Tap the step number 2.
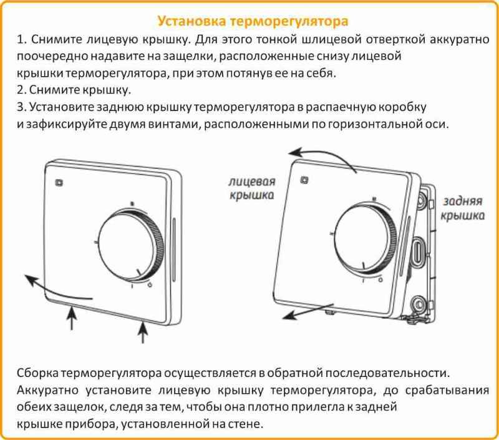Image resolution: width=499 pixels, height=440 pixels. coord(21,89)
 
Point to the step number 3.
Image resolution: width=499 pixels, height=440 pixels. coord(21,106)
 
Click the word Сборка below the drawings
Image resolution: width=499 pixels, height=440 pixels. coord(38,373)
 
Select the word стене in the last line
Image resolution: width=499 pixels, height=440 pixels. coord(245,424)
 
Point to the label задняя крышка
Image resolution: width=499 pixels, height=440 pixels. coord(463,208)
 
